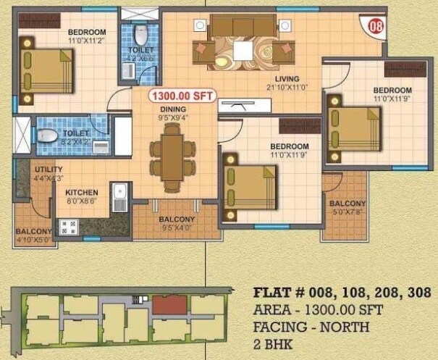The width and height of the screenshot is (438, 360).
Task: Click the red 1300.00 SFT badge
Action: point(180,95)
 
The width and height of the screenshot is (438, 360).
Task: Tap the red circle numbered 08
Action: point(375,28)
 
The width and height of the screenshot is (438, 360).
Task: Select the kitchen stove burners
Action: point(69,227)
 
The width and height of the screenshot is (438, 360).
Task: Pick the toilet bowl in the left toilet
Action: point(48,135)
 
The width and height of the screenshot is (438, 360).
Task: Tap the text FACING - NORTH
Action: point(311,327)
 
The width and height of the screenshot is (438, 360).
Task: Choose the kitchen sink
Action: point(122,196)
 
